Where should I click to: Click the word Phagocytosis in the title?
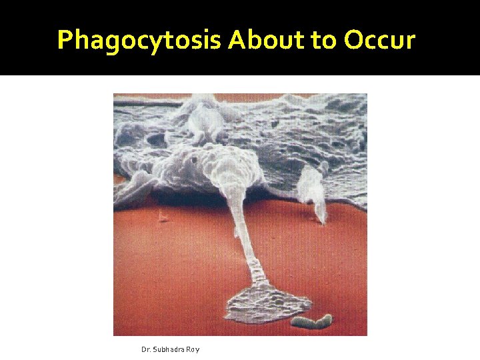tap(139, 41)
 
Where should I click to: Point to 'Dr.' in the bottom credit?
tap(146, 349)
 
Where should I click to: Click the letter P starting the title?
tap(65, 40)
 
